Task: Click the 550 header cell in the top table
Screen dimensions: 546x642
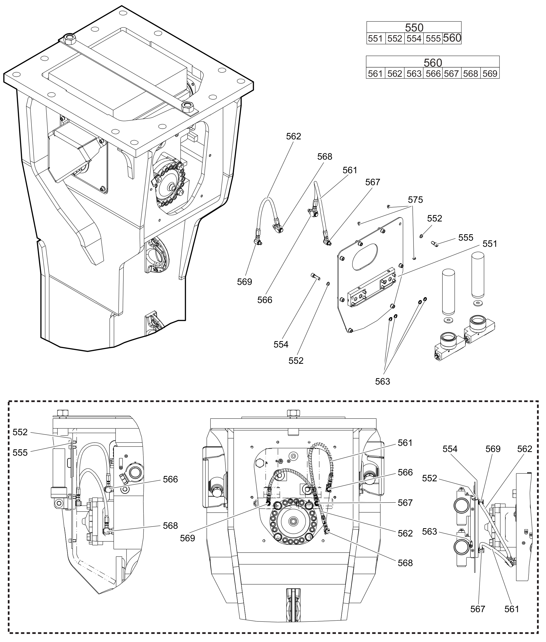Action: [414, 27]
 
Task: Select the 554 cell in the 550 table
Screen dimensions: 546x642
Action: [414, 38]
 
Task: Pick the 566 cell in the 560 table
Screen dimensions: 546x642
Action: [433, 73]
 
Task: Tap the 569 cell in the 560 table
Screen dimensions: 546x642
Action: [490, 73]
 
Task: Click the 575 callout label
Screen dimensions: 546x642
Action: [415, 200]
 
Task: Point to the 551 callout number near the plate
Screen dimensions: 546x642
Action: [490, 244]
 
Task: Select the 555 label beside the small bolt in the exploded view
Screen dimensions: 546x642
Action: [466, 238]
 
